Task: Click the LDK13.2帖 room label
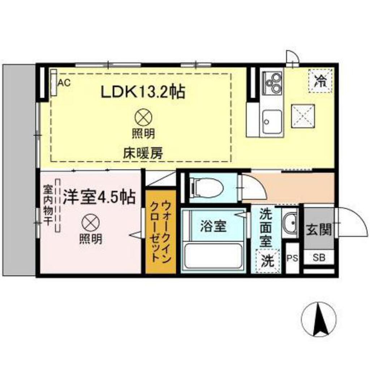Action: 143,93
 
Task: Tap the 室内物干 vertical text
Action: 47,206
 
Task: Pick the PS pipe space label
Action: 292,258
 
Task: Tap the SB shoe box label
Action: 319,258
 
